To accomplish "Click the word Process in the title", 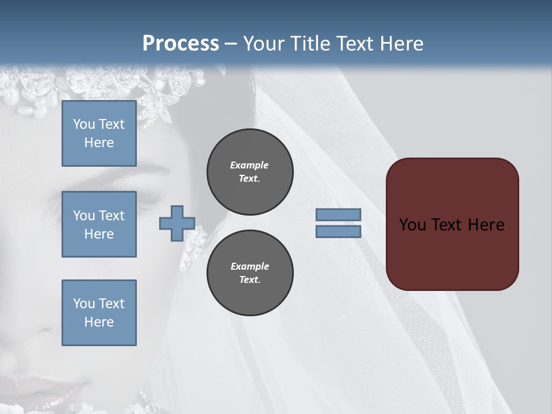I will pyautogui.click(x=181, y=44).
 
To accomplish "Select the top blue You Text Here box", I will pyautogui.click(x=99, y=133).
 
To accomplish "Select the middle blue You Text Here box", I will pyautogui.click(x=99, y=224).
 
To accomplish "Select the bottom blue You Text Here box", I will pyautogui.click(x=99, y=312).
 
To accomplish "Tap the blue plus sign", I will pyautogui.click(x=177, y=223).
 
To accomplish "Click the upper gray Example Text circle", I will pyautogui.click(x=250, y=172).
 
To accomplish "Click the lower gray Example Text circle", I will pyautogui.click(x=250, y=273).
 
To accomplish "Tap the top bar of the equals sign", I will pyautogui.click(x=338, y=215).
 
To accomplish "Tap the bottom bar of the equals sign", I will pyautogui.click(x=338, y=231).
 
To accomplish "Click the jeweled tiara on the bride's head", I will pyautogui.click(x=115, y=86).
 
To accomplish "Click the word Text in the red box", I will pyautogui.click(x=446, y=224).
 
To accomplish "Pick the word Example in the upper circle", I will pyautogui.click(x=250, y=165).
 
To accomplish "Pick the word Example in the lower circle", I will pyautogui.click(x=250, y=266).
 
